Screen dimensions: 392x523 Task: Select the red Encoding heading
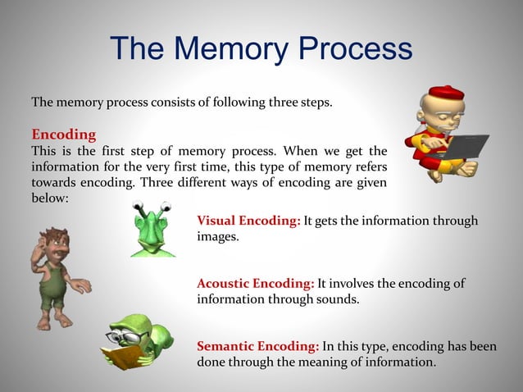pyautogui.click(x=63, y=134)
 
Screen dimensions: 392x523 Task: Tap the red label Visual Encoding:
pyautogui.click(x=248, y=221)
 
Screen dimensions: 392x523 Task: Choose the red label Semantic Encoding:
pyautogui.click(x=258, y=346)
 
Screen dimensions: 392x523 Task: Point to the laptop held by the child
pyautogui.click(x=459, y=148)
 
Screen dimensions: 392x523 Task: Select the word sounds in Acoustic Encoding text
pyautogui.click(x=337, y=299)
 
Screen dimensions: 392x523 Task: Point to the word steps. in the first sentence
pyautogui.click(x=316, y=103)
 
